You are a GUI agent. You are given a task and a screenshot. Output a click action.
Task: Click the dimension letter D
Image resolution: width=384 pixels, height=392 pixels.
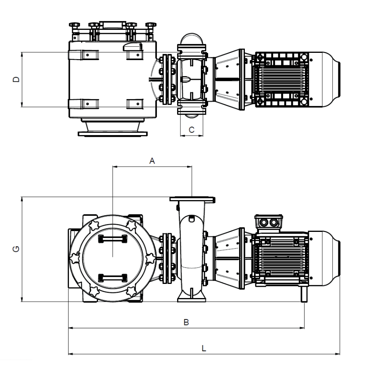click(16, 79)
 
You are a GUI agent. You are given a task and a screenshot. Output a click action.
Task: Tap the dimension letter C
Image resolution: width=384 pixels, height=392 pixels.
click(192, 130)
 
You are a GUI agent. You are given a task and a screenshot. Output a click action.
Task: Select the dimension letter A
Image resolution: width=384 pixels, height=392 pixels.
click(152, 161)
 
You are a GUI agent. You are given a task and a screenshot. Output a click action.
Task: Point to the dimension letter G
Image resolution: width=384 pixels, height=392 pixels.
click(16, 249)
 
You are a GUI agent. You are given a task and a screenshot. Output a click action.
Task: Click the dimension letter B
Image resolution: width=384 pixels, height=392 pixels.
click(186, 322)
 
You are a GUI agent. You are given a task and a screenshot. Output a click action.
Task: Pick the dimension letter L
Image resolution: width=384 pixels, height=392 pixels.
click(204, 348)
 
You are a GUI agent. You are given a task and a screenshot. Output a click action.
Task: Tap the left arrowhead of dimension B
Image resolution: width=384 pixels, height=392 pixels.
click(71, 328)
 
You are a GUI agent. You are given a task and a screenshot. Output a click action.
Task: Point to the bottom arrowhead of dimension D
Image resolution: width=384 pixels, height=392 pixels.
click(22, 104)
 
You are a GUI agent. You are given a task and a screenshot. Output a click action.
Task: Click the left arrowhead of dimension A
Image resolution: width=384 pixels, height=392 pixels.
click(115, 166)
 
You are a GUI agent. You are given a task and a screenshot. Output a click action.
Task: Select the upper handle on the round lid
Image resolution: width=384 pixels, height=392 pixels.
click(113, 239)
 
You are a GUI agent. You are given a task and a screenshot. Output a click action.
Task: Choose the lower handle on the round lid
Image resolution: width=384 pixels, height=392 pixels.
click(113, 278)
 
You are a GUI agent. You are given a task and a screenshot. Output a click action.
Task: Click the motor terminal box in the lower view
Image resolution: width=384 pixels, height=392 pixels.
click(269, 222)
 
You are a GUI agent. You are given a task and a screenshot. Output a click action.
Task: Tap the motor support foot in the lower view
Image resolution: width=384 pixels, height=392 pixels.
click(304, 294)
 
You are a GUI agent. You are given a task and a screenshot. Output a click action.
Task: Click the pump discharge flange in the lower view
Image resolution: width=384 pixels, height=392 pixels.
click(192, 200)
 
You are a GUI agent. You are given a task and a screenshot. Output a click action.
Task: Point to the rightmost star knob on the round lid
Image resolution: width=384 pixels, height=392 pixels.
click(150, 258)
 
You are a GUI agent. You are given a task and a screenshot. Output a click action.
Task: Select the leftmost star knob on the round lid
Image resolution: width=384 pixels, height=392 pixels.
click(75, 258)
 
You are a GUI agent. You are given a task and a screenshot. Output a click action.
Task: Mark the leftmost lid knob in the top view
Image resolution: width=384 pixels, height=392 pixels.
click(74, 25)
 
